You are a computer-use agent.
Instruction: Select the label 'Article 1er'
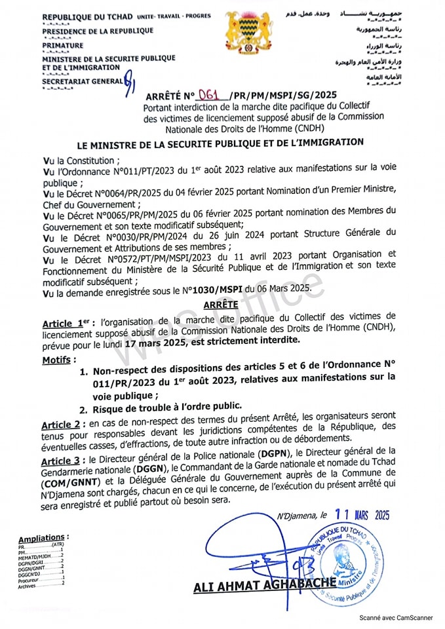click(66, 323)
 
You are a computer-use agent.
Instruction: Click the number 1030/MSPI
click(220, 290)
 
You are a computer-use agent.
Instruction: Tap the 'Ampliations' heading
click(42, 538)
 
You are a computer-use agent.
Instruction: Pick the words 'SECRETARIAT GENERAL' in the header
click(82, 81)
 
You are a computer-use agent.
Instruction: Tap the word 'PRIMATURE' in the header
click(63, 45)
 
